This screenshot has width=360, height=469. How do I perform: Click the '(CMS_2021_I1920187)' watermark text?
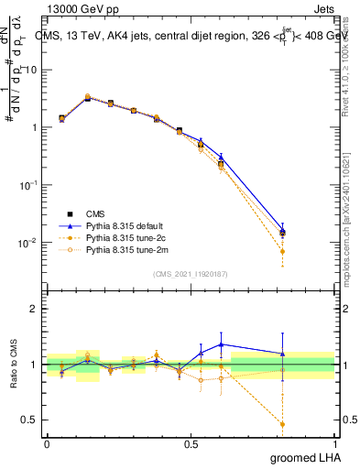coord(190,273)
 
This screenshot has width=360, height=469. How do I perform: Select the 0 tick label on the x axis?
coord(47,443)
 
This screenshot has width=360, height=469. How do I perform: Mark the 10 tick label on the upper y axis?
coord(31,70)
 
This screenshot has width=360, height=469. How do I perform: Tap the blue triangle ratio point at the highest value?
coord(221,344)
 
